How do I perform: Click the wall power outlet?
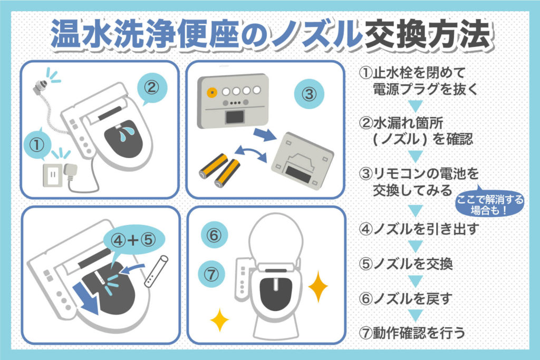tap(53, 175)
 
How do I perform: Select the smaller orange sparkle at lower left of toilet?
tap(219, 320)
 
